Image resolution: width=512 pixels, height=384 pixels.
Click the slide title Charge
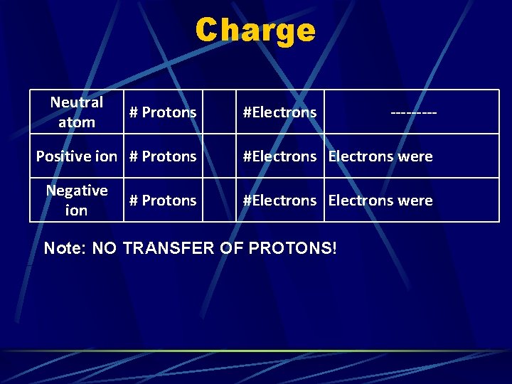pos(255,31)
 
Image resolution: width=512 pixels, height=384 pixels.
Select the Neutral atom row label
pos(77,112)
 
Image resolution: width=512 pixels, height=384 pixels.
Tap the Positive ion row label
pos(77,156)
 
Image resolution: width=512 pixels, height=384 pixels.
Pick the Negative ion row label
pos(77,200)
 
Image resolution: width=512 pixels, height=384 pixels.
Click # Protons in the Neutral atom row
pos(163,112)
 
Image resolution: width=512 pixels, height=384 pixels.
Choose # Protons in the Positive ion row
pos(163,156)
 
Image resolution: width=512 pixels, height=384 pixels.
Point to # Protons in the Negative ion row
pos(163,201)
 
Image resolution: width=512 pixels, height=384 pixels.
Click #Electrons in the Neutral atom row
pos(279,112)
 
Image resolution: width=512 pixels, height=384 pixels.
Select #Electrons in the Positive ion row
pos(279,156)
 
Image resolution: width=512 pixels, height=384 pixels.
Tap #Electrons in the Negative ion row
pos(279,201)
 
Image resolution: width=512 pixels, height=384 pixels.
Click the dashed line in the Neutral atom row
pos(413,112)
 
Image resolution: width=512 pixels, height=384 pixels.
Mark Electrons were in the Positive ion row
pos(380,156)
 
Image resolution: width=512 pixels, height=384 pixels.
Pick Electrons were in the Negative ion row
pos(380,201)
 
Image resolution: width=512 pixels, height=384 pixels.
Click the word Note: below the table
pos(62,248)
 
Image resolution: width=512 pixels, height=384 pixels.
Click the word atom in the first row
pos(77,122)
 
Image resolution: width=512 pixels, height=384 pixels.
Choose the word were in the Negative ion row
pos(415,201)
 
